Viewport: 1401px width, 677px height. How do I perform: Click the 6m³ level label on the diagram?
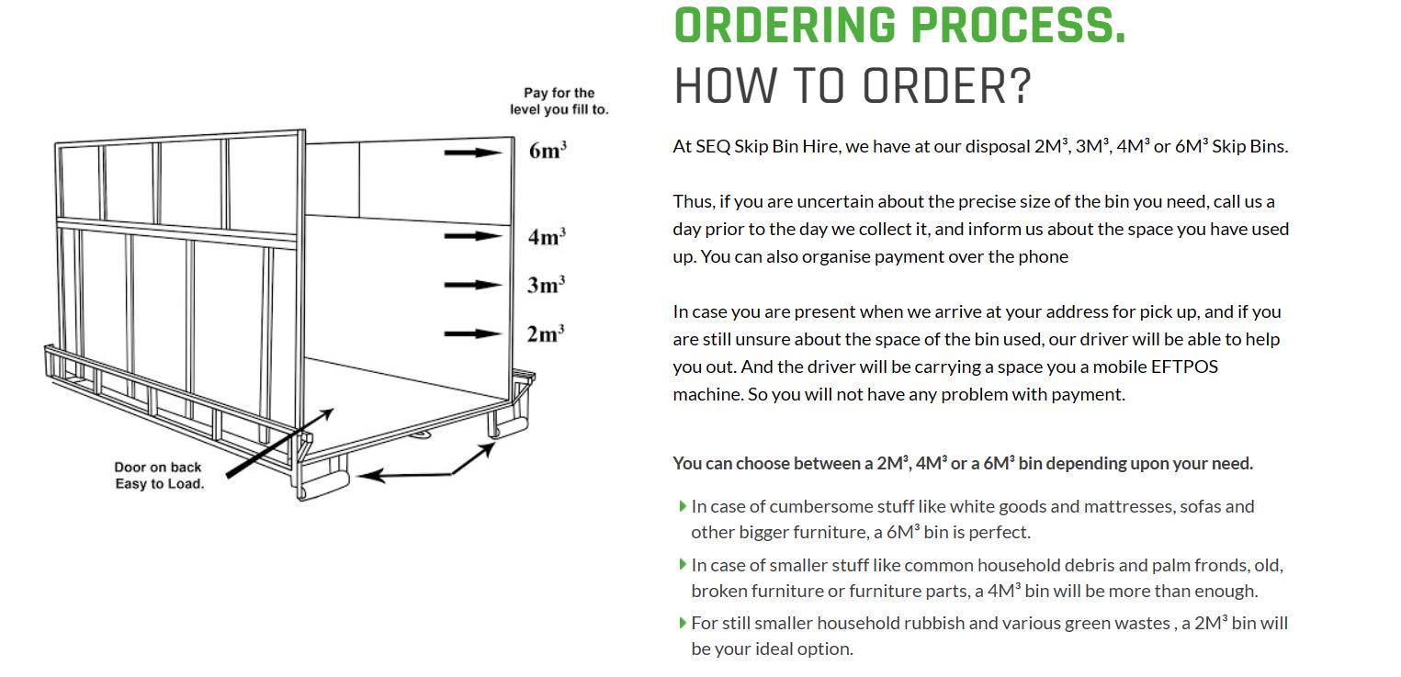[548, 151]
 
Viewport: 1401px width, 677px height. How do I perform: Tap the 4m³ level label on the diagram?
[547, 237]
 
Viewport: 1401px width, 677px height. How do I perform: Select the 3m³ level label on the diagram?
[546, 285]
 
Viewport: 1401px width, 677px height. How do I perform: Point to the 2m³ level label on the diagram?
[546, 333]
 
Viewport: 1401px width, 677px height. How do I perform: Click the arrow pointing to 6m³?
[473, 152]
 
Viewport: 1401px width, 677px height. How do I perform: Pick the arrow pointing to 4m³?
[473, 236]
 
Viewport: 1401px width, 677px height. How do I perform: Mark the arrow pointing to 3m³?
[473, 285]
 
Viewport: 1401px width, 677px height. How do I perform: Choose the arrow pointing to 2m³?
[473, 333]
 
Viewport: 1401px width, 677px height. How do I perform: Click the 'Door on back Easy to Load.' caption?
[159, 476]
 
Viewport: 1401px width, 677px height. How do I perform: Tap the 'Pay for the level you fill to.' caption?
[559, 101]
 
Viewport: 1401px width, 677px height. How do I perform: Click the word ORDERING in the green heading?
[785, 26]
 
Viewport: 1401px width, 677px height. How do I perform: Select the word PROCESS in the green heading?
[1013, 26]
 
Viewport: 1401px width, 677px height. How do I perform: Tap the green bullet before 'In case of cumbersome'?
[683, 506]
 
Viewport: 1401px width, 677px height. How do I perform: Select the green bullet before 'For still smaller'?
[683, 623]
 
